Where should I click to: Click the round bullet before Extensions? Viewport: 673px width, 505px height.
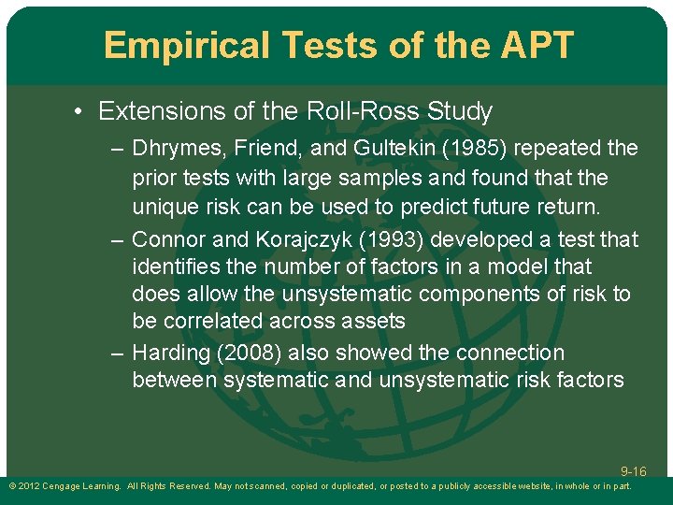[x=81, y=112]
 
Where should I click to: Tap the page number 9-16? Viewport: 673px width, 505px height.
[x=633, y=472]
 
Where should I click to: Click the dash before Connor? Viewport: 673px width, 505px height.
[x=117, y=239]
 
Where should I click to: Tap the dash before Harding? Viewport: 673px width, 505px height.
[x=117, y=353]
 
